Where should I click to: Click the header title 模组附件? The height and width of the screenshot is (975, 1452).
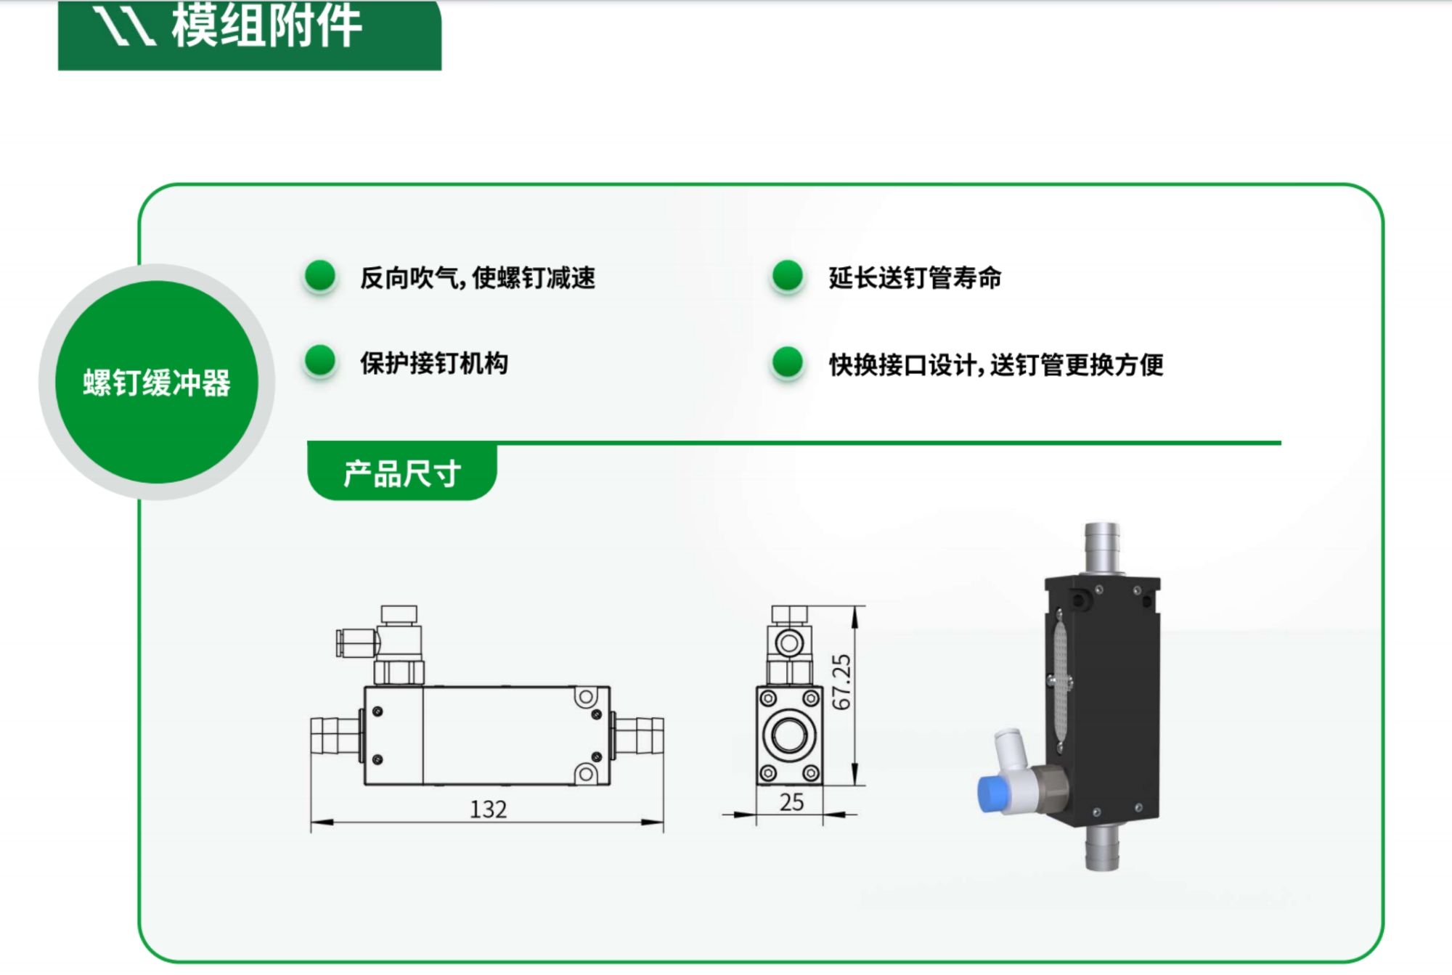[266, 26]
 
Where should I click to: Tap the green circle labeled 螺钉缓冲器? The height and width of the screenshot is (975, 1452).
[157, 382]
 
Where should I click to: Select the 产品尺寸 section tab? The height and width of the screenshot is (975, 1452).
[402, 473]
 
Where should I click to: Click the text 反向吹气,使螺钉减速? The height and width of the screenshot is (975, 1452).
[478, 278]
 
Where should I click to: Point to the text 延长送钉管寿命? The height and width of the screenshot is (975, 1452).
[915, 278]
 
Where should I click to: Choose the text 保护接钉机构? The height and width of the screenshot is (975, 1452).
[434, 363]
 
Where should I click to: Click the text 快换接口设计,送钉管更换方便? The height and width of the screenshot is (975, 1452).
[996, 364]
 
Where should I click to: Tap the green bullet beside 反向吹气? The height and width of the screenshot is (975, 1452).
[320, 276]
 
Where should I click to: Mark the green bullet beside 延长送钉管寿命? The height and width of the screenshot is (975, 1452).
[788, 276]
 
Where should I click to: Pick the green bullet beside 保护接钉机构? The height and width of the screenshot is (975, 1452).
[320, 362]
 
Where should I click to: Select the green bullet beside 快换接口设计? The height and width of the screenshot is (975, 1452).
[788, 362]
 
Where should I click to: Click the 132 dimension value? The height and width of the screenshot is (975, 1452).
[488, 809]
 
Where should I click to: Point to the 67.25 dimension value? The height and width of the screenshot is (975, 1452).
[841, 682]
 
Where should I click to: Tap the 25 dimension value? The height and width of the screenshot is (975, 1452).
[791, 802]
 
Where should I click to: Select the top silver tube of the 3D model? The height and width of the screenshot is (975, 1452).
[1102, 547]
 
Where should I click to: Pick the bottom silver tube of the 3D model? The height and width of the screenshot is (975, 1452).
[1102, 847]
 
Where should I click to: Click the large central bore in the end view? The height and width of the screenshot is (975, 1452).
[789, 735]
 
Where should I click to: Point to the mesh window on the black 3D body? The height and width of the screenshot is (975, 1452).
[1061, 682]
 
